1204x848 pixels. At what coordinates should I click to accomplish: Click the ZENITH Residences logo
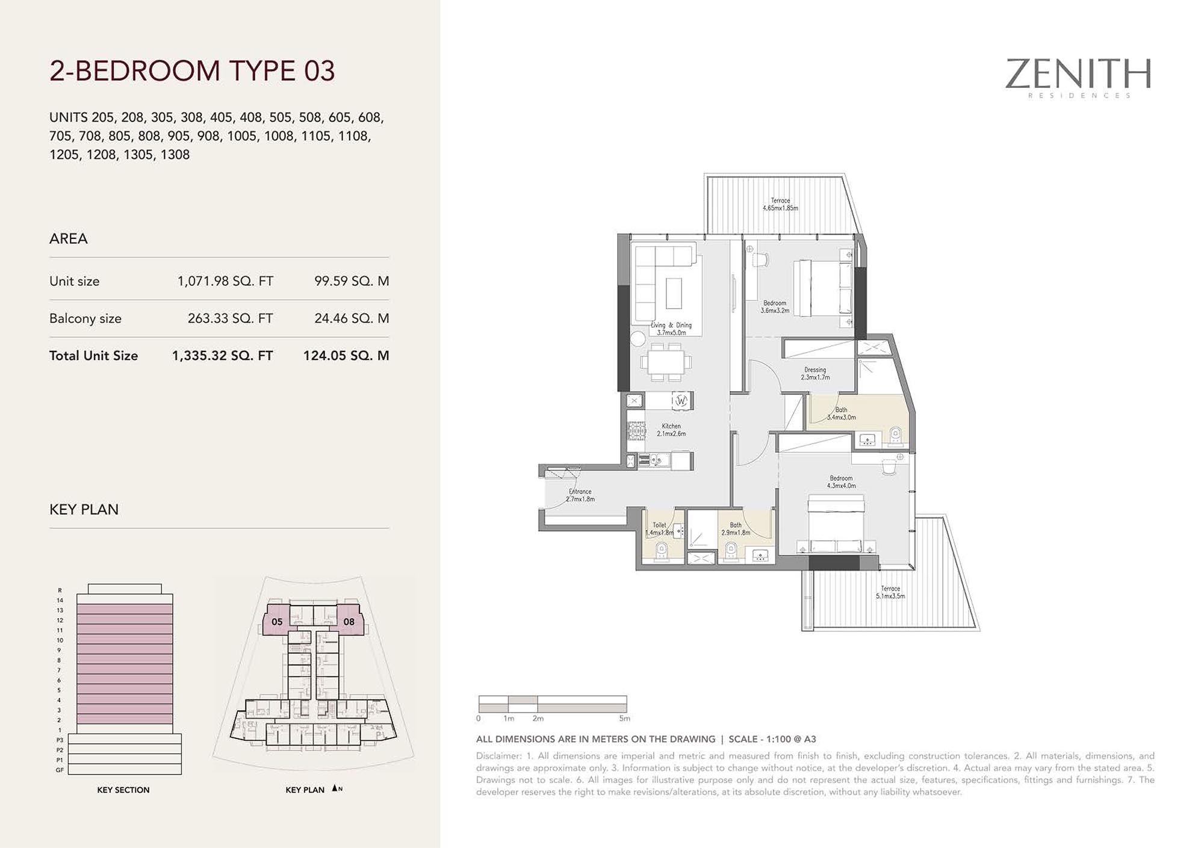tap(1078, 78)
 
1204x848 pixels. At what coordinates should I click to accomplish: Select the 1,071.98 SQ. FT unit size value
tap(225, 281)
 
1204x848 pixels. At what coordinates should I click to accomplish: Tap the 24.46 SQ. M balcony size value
tap(352, 318)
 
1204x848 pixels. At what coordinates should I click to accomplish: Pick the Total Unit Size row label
tap(93, 356)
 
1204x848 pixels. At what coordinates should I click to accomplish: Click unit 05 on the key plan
tap(277, 622)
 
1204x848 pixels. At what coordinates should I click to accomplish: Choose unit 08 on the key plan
tap(349, 622)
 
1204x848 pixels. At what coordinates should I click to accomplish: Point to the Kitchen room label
tap(671, 430)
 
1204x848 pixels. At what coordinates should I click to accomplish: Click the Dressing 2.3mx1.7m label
tap(815, 374)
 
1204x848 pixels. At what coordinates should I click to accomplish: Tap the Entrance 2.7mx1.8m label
tap(580, 495)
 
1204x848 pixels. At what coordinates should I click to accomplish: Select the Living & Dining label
tap(671, 329)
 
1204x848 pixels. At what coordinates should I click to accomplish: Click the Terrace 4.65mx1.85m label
tap(780, 205)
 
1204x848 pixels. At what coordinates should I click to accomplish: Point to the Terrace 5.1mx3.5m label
tap(890, 592)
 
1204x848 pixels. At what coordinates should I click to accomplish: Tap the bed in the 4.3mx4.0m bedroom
tap(836, 524)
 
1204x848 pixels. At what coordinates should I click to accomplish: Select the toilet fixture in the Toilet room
tap(662, 551)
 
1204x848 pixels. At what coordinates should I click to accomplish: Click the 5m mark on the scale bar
tap(624, 718)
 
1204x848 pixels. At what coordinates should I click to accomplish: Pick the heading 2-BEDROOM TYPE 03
tap(192, 70)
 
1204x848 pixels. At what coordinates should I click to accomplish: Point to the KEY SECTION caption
tap(123, 790)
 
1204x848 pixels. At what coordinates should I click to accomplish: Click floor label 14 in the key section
tap(60, 600)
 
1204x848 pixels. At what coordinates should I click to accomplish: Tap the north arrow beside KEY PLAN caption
tap(335, 788)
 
